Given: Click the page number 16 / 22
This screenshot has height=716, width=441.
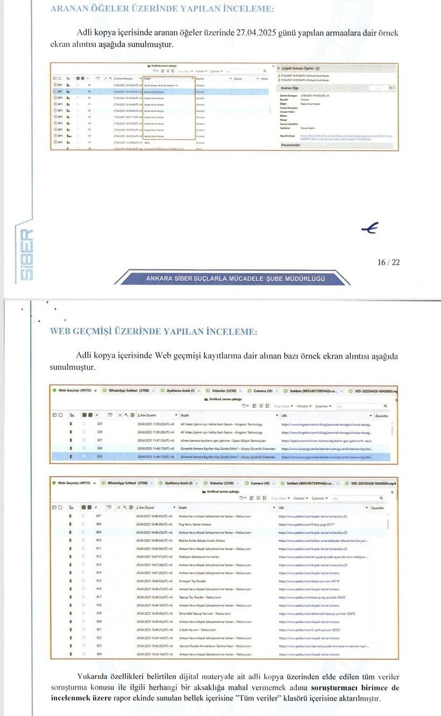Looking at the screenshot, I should (388, 262).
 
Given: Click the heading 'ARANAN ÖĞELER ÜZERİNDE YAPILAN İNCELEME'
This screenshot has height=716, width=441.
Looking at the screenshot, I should (161, 9).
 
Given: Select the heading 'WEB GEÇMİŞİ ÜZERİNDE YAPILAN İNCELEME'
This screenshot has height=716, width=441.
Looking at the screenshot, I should (153, 332).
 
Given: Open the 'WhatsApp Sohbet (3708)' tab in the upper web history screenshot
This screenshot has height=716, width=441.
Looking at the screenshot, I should (127, 391).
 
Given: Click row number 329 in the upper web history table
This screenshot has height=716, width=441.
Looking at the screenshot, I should (99, 456).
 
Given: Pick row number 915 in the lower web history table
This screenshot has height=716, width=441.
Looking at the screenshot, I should (99, 581).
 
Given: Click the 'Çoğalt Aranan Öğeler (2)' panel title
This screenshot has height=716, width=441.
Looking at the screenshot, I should (301, 69).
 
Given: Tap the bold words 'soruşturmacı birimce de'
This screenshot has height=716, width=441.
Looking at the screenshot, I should (355, 688).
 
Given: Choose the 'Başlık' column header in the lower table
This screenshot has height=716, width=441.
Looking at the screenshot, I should (183, 507).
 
